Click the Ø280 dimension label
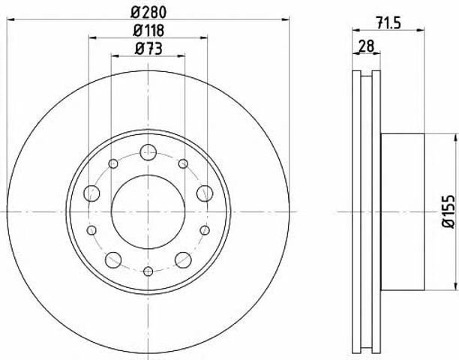[x=148, y=12]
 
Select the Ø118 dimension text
[x=148, y=31]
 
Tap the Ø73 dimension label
[x=148, y=49]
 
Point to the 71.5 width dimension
[x=388, y=22]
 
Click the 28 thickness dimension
[x=366, y=46]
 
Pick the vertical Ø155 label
[x=448, y=211]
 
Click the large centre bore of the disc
[x=148, y=212]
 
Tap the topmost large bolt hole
[x=148, y=152]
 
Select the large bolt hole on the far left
[x=91, y=193]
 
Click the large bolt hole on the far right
[x=205, y=193]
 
